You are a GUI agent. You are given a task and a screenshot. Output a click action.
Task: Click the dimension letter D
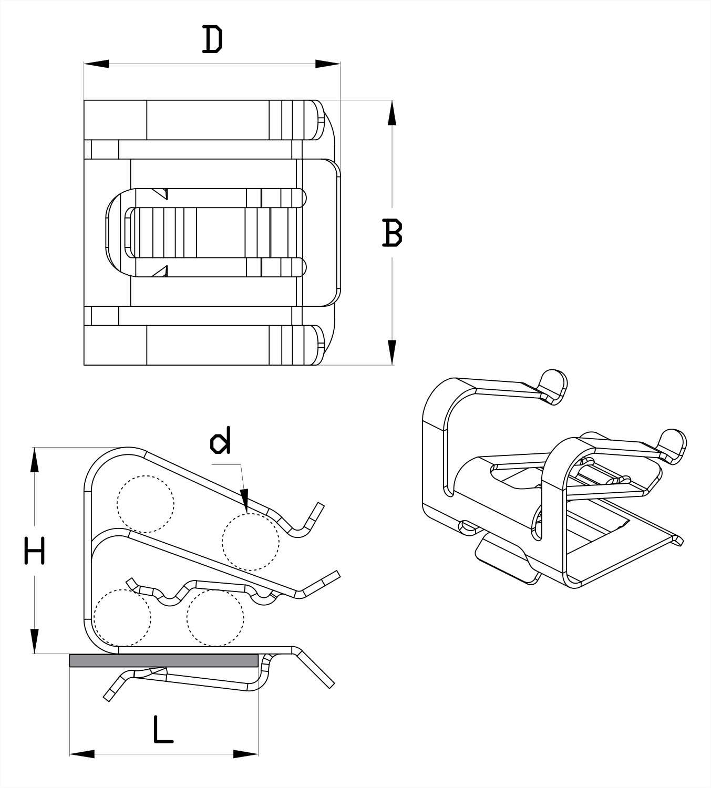pyautogui.click(x=212, y=40)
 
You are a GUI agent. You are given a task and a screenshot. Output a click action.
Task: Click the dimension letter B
pyautogui.click(x=392, y=233)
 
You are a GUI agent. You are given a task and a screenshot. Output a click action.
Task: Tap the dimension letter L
pyautogui.click(x=163, y=729)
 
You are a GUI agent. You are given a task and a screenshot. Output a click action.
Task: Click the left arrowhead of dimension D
pyautogui.click(x=96, y=64)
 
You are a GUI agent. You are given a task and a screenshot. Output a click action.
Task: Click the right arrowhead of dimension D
pyautogui.click(x=328, y=64)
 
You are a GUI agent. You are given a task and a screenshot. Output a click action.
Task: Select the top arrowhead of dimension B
pyautogui.click(x=392, y=112)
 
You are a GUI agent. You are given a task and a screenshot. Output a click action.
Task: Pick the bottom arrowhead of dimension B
pyautogui.click(x=392, y=352)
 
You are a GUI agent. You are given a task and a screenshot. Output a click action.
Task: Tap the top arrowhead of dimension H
pyautogui.click(x=35, y=460)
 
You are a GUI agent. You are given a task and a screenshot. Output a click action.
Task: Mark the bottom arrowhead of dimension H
pyautogui.click(x=35, y=641)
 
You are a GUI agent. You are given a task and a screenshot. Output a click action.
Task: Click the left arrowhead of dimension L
pyautogui.click(x=82, y=754)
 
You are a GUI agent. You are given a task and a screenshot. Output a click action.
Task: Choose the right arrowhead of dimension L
pyautogui.click(x=246, y=754)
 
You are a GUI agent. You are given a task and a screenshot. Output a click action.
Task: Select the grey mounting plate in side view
pyautogui.click(x=163, y=660)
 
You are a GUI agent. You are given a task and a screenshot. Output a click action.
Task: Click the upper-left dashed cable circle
pyautogui.click(x=146, y=504)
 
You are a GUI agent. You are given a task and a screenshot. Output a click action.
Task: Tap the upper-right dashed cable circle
pyautogui.click(x=251, y=542)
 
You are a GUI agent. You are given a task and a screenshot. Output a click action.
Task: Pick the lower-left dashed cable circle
pyautogui.click(x=122, y=618)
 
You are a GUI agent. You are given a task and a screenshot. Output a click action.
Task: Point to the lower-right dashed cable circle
pyautogui.click(x=215, y=618)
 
